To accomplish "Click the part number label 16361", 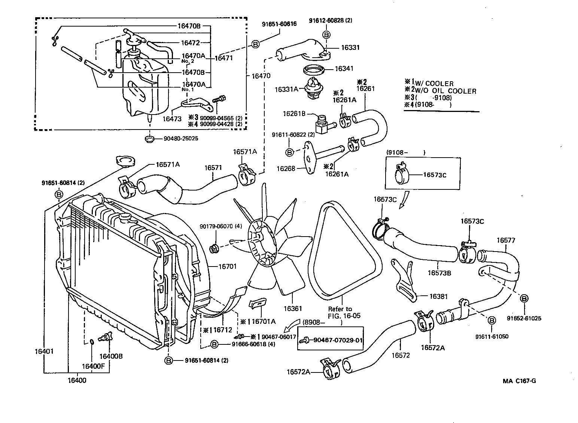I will [x=292, y=309].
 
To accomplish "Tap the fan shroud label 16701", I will [x=227, y=267].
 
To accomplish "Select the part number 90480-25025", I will [x=181, y=139].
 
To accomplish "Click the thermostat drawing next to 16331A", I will [x=311, y=89].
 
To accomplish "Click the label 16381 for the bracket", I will [x=438, y=296].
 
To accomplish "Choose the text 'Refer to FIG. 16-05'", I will [x=340, y=312].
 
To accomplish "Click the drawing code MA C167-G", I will [x=519, y=381].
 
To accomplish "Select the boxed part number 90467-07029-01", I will [x=338, y=340].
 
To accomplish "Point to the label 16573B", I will [x=439, y=273].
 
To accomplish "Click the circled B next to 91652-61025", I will [x=524, y=298].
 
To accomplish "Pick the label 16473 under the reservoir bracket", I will [x=172, y=119].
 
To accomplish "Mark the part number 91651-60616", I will [x=279, y=24].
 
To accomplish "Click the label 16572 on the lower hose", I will [x=401, y=355].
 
